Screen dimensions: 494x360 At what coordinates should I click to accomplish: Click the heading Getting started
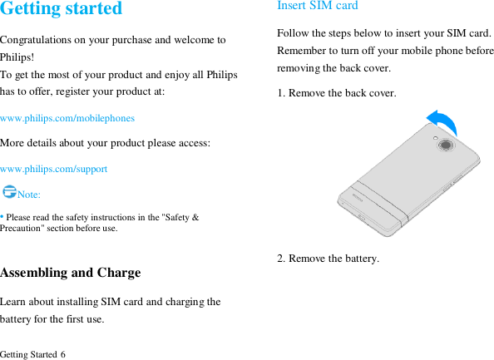[x=62, y=9]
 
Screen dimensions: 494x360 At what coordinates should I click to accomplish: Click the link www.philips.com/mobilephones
[x=67, y=118]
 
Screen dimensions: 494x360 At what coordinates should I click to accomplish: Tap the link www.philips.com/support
[x=54, y=169]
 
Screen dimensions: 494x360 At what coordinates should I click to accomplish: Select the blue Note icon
[x=9, y=192]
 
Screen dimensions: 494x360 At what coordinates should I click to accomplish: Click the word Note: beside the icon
[x=29, y=195]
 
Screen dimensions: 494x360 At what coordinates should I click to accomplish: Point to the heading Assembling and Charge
[x=71, y=273]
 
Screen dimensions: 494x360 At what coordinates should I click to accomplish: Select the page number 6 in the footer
[x=63, y=355]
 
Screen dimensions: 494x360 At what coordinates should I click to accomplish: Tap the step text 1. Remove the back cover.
[x=337, y=93]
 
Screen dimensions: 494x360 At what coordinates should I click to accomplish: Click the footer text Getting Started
[x=28, y=355]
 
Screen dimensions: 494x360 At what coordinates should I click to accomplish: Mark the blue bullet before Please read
[x=2, y=216]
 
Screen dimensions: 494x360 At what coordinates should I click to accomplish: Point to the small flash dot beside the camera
[x=436, y=138]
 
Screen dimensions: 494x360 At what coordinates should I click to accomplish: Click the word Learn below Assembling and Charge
[x=15, y=302]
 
